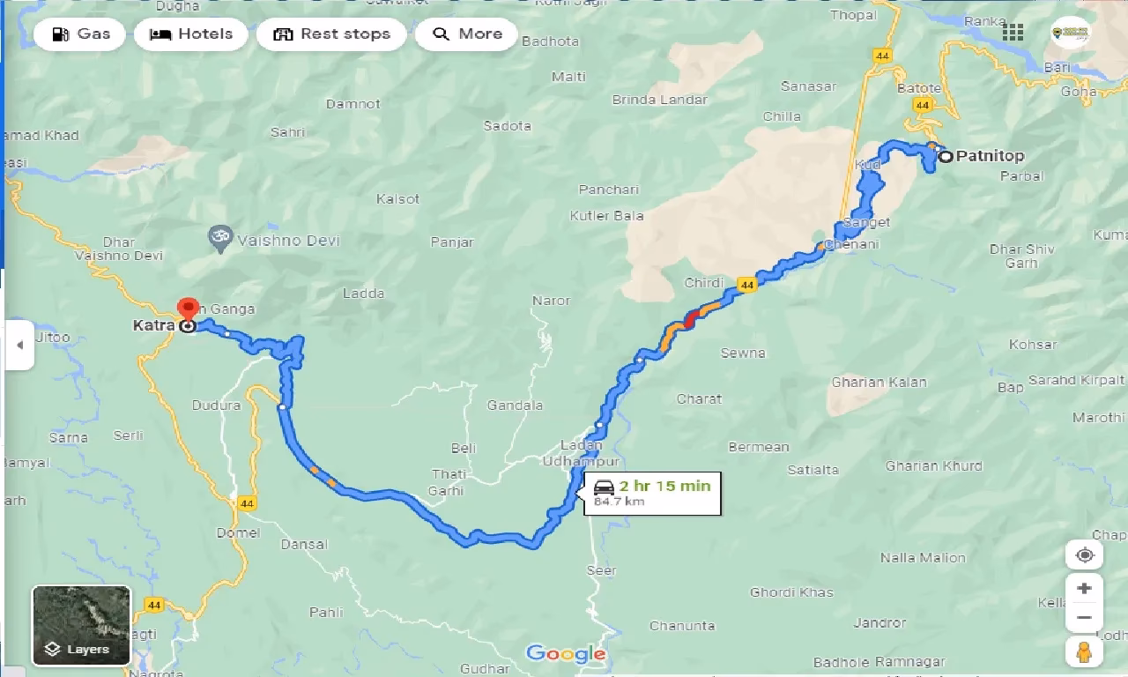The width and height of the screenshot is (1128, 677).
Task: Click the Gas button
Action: click(x=80, y=34)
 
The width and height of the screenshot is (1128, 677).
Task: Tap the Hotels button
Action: click(x=191, y=34)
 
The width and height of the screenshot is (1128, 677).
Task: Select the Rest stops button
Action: click(x=331, y=34)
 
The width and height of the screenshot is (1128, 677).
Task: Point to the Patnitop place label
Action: click(x=990, y=157)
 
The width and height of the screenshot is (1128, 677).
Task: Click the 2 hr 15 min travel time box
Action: click(x=652, y=493)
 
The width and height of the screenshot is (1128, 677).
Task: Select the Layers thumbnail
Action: click(x=81, y=626)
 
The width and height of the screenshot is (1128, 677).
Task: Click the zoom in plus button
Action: click(x=1084, y=588)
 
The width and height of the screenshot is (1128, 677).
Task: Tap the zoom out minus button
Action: click(x=1084, y=618)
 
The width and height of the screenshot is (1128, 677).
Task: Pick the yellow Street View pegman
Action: click(x=1084, y=652)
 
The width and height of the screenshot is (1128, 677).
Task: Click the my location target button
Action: click(x=1084, y=555)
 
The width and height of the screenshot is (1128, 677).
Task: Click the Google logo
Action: click(x=566, y=653)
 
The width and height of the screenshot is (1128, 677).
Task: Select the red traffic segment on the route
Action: click(x=691, y=318)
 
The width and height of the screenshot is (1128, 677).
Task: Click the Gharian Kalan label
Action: click(x=879, y=382)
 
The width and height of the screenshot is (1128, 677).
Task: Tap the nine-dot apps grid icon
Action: click(x=1013, y=33)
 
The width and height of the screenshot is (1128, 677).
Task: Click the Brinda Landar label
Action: click(x=659, y=100)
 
